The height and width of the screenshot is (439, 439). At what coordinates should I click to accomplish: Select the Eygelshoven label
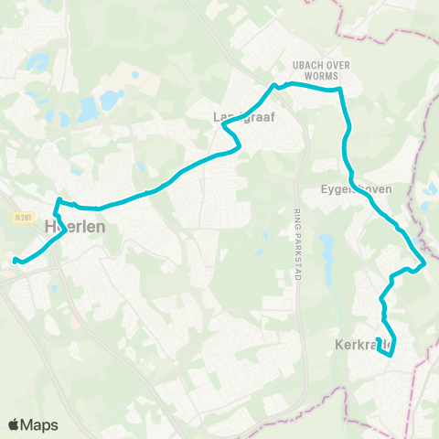tap(356, 189)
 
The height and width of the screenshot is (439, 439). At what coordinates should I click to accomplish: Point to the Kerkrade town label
tap(363, 345)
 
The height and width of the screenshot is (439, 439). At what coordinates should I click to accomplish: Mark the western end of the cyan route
tap(15, 261)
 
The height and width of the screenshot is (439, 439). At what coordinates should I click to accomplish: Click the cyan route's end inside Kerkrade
tap(379, 340)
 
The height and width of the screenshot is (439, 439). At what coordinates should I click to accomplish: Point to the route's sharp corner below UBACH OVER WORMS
tap(340, 91)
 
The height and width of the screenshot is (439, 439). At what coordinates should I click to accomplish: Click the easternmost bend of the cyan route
tap(425, 263)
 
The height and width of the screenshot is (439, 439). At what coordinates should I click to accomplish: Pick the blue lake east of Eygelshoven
tap(430, 190)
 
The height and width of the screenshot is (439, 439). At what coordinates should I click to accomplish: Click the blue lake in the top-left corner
tap(37, 62)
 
